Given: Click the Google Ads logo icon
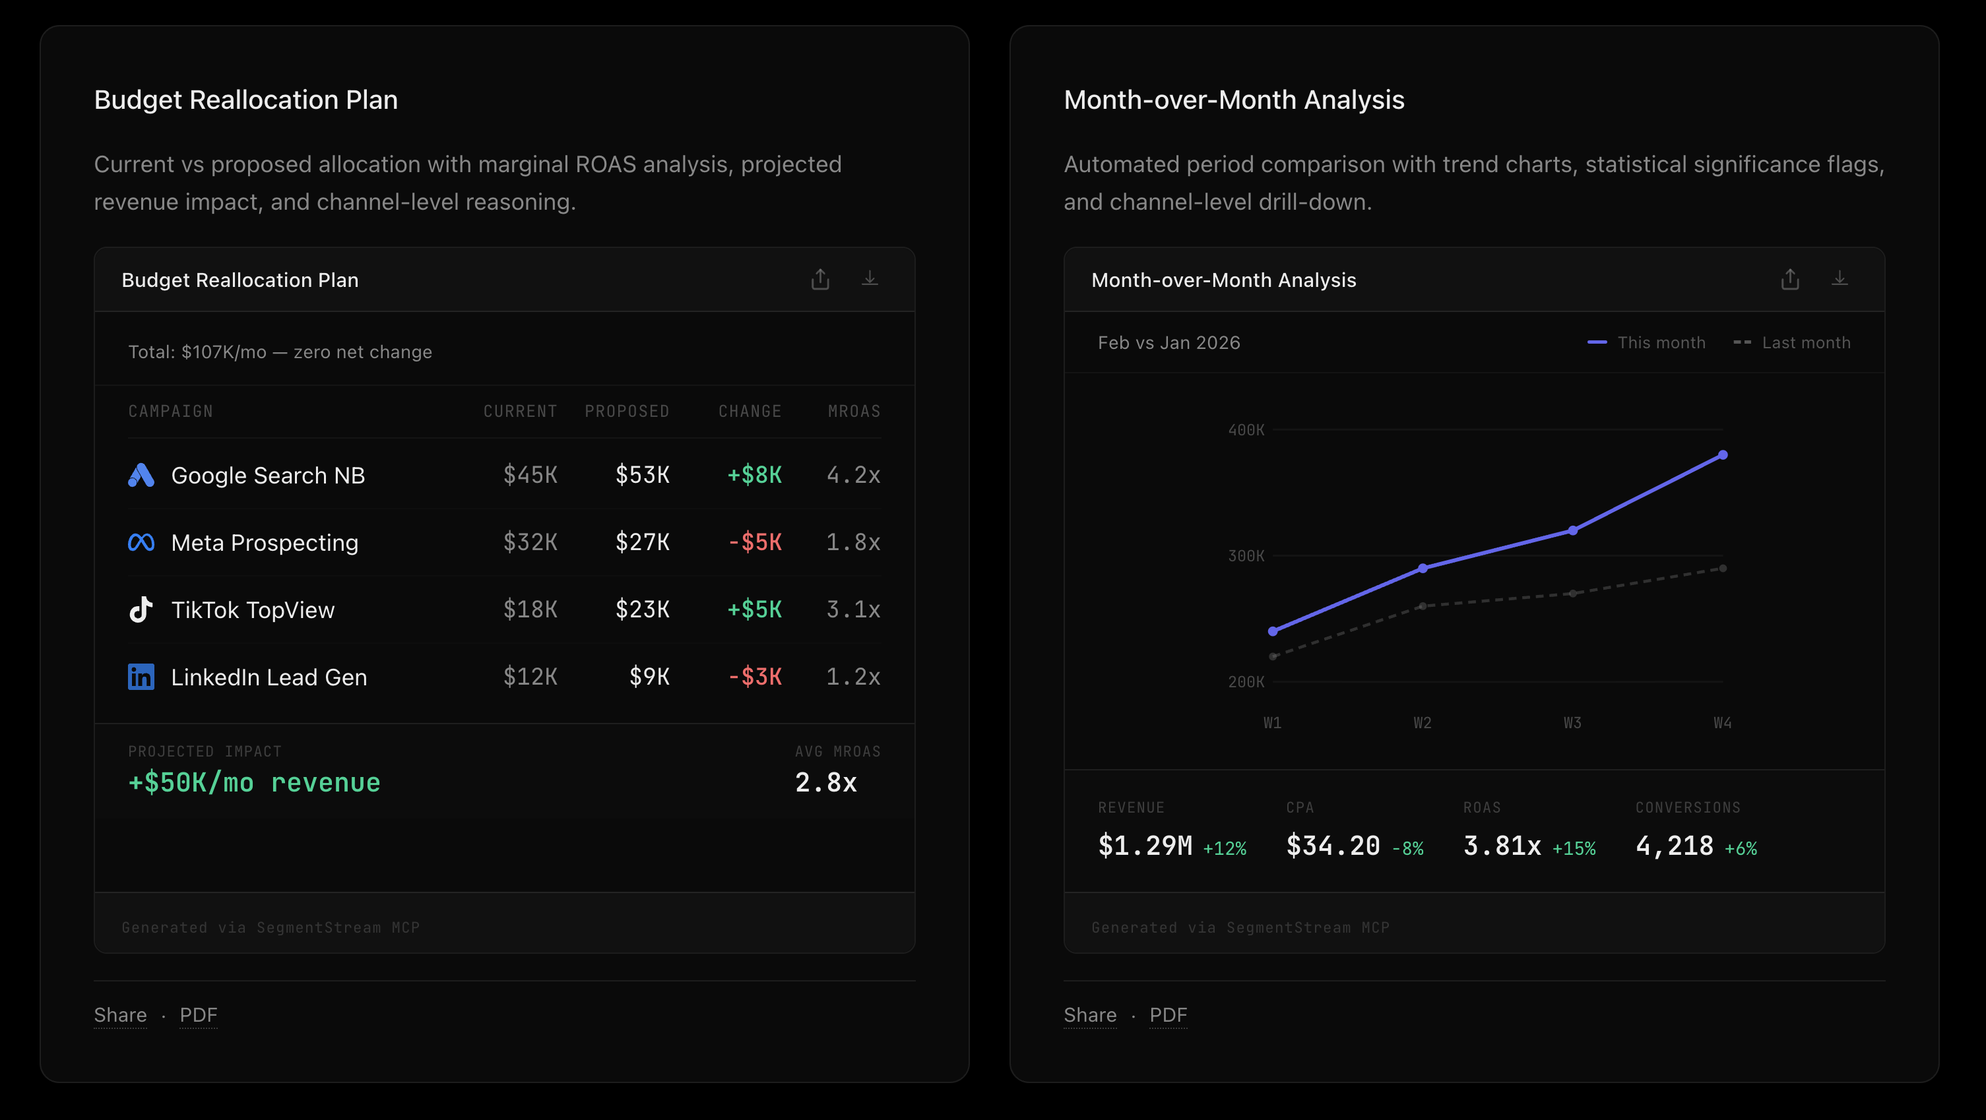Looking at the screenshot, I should [x=141, y=475].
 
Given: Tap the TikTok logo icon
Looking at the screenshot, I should [x=141, y=609].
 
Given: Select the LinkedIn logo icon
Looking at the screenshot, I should [x=141, y=676].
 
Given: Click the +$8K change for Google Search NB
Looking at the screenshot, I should [x=754, y=475].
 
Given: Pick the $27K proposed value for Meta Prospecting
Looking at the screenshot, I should [x=641, y=542].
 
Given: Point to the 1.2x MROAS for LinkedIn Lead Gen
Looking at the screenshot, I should [x=852, y=676].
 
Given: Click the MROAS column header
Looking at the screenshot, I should [x=854, y=411].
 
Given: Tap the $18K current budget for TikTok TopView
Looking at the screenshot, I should [x=530, y=609].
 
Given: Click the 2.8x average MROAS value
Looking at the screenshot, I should [x=825, y=782].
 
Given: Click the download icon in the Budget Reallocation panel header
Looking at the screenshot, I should [x=870, y=279].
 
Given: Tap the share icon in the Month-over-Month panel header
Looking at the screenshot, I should [x=1789, y=279].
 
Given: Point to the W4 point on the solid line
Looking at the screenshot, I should [x=1722, y=454].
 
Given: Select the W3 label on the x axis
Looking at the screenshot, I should [x=1572, y=723].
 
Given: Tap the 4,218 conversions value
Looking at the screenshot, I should [x=1674, y=846].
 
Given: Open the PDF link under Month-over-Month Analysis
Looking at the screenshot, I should [x=1168, y=1014].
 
